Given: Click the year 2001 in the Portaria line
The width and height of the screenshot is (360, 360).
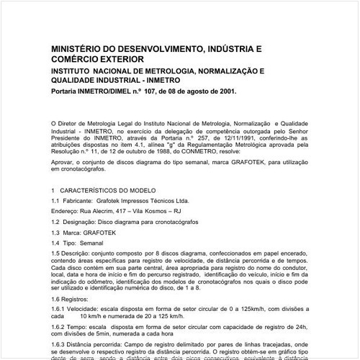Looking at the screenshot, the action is click(x=221, y=91).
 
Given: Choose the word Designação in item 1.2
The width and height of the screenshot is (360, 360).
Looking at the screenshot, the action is click(x=83, y=222).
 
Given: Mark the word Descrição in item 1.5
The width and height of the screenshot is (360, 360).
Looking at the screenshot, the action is click(x=78, y=254).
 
